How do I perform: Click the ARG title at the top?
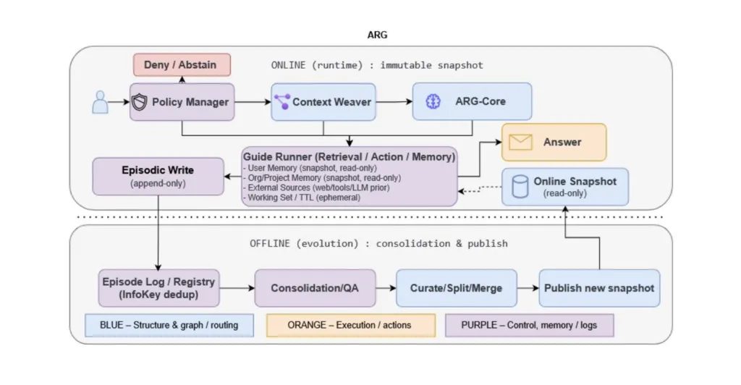click(378, 35)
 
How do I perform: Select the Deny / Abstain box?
click(181, 64)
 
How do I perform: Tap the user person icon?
click(100, 102)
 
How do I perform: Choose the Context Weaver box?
click(323, 102)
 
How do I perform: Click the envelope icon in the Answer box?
click(520, 143)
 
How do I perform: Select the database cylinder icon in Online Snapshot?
click(518, 187)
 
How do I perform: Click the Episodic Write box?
click(158, 177)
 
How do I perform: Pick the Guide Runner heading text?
click(350, 156)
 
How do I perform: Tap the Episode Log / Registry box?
click(158, 287)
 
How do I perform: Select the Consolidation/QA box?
click(315, 288)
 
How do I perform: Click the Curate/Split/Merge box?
click(457, 288)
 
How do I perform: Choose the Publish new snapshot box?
click(599, 288)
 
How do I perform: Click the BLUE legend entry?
click(169, 325)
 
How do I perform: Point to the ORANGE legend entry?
click(350, 325)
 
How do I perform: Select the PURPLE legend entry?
click(529, 325)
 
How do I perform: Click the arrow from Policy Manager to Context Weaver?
click(250, 102)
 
